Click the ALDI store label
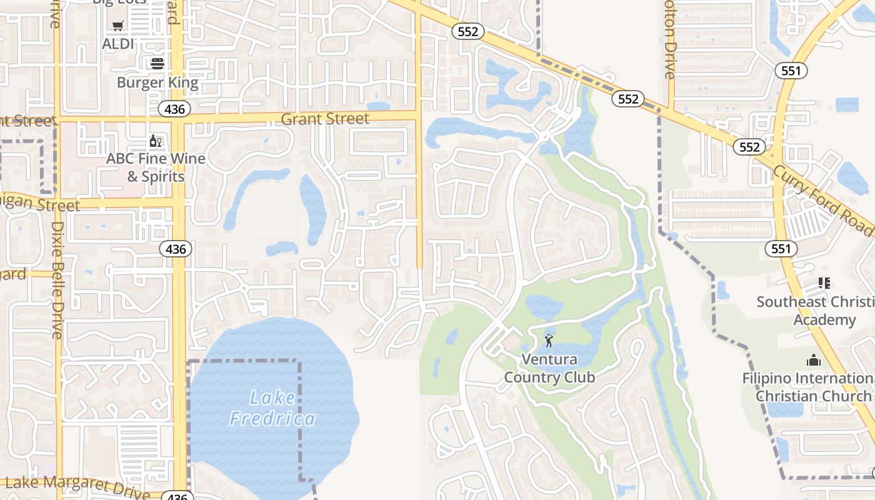pyautogui.click(x=119, y=44)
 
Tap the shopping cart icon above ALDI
pyautogui.click(x=118, y=26)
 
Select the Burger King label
pyautogui.click(x=157, y=82)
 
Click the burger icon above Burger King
pyautogui.click(x=157, y=63)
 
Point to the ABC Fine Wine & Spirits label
pyautogui.click(x=156, y=167)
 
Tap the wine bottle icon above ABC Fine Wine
pyautogui.click(x=156, y=142)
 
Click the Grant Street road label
pyautogui.click(x=325, y=119)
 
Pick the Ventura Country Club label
pyautogui.click(x=549, y=368)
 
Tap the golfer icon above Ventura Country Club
pyautogui.click(x=549, y=341)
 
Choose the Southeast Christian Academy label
pyautogui.click(x=816, y=311)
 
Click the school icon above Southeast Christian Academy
pyautogui.click(x=824, y=283)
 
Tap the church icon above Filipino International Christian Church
pyautogui.click(x=813, y=360)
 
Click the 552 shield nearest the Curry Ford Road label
pyautogui.click(x=749, y=147)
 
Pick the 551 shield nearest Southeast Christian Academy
pyautogui.click(x=781, y=249)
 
